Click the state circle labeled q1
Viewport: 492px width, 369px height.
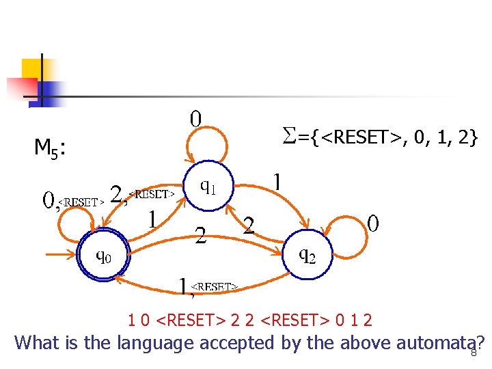[208, 184]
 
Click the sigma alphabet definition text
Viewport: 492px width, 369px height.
[380, 139]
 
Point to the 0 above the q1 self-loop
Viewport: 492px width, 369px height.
[196, 119]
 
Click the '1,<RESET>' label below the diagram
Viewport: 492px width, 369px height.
[208, 286]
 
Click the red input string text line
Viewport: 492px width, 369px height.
[251, 320]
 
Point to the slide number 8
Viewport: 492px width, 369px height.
[472, 353]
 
